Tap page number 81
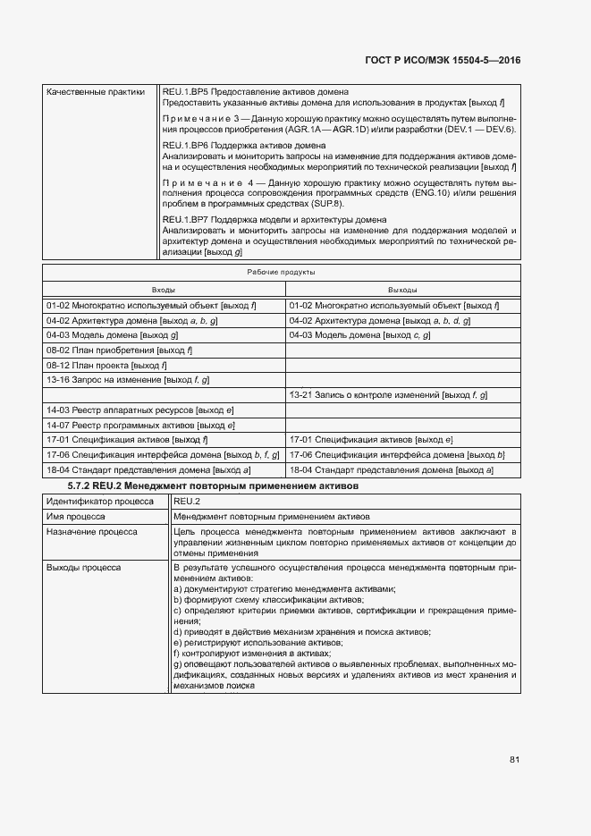[x=514, y=759]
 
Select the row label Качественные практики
[x=96, y=92]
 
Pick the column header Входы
[x=164, y=290]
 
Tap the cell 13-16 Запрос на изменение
[x=127, y=380]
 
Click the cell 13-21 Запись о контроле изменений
[x=388, y=394]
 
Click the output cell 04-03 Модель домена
[x=359, y=334]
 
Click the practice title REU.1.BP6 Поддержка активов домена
[x=243, y=145]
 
